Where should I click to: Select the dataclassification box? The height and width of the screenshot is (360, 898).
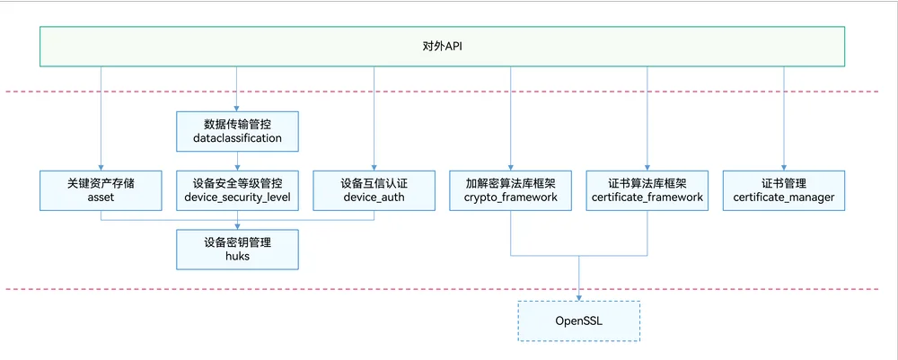[237, 132]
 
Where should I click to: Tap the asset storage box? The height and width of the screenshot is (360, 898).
[101, 190]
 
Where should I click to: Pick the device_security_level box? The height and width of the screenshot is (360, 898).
[237, 190]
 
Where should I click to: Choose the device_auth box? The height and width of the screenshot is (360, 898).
[374, 190]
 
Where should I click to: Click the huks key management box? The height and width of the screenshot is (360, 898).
[237, 250]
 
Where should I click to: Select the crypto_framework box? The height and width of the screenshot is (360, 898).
[510, 190]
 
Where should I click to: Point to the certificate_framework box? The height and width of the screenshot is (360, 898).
[647, 190]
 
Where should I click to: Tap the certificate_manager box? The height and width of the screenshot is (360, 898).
[783, 190]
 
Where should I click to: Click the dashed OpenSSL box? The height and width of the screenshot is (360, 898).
[578, 320]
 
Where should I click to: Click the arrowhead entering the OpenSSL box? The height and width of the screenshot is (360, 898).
[578, 297]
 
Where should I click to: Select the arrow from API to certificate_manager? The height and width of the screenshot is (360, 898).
[783, 119]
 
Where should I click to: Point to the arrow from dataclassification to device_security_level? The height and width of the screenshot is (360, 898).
[237, 161]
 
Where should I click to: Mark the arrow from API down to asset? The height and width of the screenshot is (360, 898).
[101, 119]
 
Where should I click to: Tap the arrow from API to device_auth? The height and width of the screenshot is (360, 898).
[374, 119]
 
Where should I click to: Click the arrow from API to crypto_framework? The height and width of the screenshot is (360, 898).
[510, 119]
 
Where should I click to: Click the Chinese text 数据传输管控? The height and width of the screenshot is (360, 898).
[237, 124]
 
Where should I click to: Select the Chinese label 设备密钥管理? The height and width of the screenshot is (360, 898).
[237, 242]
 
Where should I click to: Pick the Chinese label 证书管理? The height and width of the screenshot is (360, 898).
[783, 183]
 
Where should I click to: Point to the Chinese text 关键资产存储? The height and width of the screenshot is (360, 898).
[101, 183]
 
